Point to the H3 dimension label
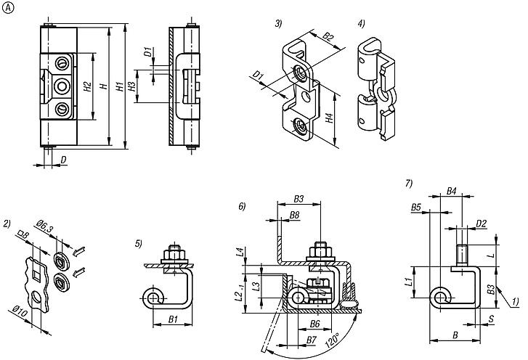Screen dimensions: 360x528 [131, 87]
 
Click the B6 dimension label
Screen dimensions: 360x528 [316, 324]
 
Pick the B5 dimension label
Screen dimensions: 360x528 [416, 207]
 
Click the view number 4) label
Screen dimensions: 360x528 [361, 24]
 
